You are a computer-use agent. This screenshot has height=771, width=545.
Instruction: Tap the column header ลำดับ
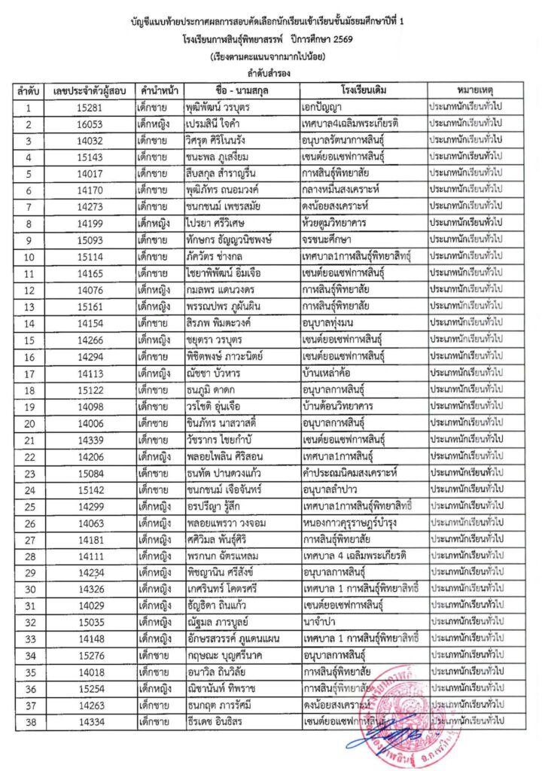pos(28,91)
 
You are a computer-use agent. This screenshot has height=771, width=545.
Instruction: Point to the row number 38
pos(28,721)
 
